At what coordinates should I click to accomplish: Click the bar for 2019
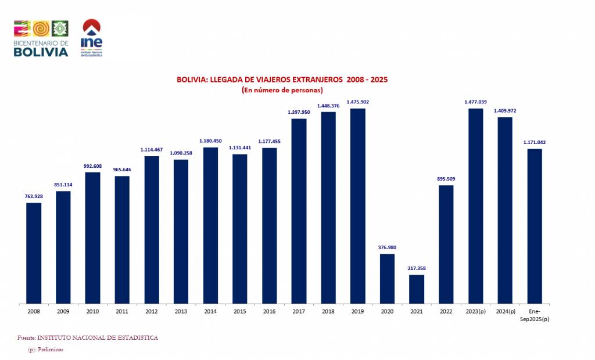point(357,206)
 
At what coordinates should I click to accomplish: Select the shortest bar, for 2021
point(417,289)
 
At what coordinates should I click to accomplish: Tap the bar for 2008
point(34,253)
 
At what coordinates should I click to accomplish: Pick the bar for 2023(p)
point(476,206)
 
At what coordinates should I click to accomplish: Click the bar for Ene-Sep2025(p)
point(535,226)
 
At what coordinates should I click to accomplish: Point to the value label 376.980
point(387,248)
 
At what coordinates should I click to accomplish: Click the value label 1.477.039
point(476,102)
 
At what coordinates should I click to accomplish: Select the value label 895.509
point(446,179)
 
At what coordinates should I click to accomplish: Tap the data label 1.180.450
point(210,141)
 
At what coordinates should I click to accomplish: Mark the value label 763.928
point(34,197)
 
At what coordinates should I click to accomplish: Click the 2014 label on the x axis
point(210,312)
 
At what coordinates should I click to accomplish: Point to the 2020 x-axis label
point(387,312)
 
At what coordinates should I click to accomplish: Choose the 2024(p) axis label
point(505,312)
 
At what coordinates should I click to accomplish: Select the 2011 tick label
point(122,312)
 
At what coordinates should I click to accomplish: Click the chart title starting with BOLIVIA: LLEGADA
point(282,80)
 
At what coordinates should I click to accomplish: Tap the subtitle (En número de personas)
point(282,90)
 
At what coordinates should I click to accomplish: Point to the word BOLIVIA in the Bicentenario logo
point(41,52)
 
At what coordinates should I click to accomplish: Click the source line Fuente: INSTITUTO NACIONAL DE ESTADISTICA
point(88,337)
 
